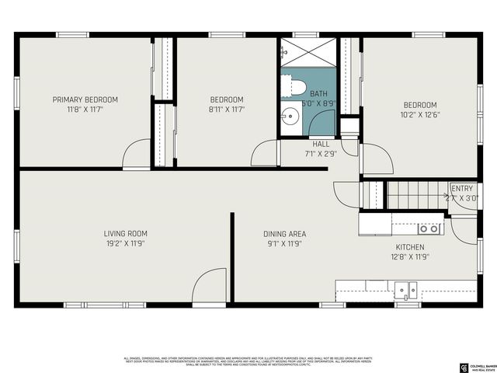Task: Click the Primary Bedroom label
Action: tap(85, 99)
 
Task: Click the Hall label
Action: tap(321, 144)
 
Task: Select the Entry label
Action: tap(462, 188)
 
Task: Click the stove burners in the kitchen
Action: tap(429, 228)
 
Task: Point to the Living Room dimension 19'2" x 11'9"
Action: tap(126, 244)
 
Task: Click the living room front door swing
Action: tap(207, 285)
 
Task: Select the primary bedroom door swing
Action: tap(136, 153)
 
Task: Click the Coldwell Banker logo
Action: tap(464, 366)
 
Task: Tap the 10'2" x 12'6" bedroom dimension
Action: tap(419, 116)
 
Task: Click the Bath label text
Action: tap(318, 93)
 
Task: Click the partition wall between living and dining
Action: tap(231, 256)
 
